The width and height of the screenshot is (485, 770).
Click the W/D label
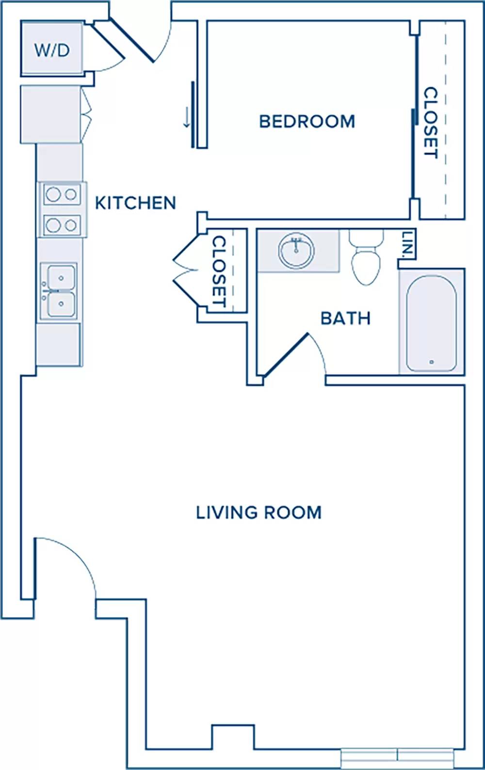(52, 50)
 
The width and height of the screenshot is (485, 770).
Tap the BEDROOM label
(307, 121)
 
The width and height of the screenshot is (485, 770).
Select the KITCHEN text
(135, 203)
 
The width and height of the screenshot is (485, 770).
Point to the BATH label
(345, 318)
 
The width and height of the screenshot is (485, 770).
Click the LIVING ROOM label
(259, 513)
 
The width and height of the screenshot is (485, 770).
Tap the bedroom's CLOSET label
(431, 123)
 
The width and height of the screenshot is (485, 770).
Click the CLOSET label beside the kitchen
(219, 271)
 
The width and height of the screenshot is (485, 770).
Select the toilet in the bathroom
(366, 257)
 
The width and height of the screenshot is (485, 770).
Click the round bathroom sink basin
(296, 251)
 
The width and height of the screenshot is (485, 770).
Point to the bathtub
(431, 322)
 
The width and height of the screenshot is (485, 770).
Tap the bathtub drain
(431, 362)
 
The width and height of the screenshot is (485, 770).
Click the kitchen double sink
(59, 291)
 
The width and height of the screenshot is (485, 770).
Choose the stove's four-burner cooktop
(62, 209)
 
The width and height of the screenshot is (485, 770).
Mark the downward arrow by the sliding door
(187, 117)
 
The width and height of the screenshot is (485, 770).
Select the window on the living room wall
(398, 758)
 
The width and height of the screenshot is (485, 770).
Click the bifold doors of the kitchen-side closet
(186, 271)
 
